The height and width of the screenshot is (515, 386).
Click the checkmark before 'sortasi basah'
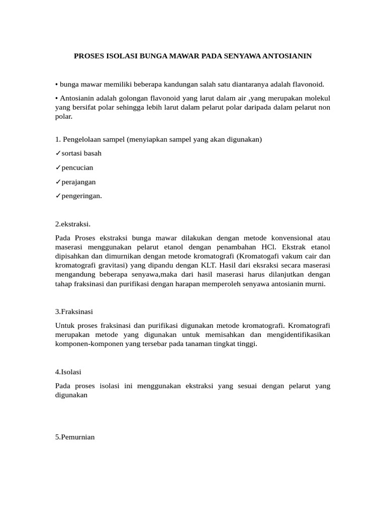58,153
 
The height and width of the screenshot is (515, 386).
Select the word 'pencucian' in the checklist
77,167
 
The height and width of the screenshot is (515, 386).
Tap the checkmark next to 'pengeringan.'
58,196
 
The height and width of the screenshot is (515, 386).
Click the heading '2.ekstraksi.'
72,224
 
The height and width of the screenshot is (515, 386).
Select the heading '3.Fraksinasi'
74,312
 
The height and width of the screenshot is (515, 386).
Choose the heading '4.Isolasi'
68,372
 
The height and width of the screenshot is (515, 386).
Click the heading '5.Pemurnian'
75,437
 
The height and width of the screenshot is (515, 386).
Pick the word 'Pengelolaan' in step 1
82,139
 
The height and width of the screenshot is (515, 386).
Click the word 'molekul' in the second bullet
317,98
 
